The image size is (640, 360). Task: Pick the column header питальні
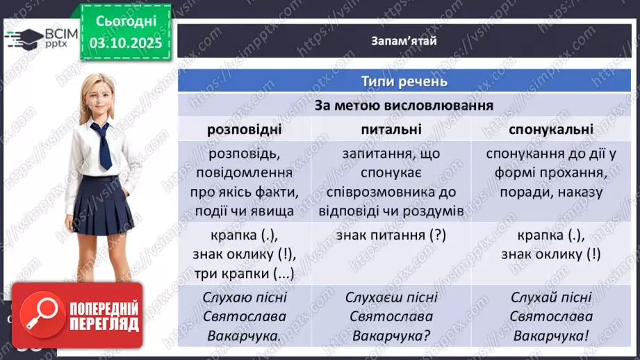click(391, 129)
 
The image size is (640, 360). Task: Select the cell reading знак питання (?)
click(391, 235)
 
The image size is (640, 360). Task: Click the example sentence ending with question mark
click(391, 317)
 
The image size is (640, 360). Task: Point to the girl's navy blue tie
click(102, 145)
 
